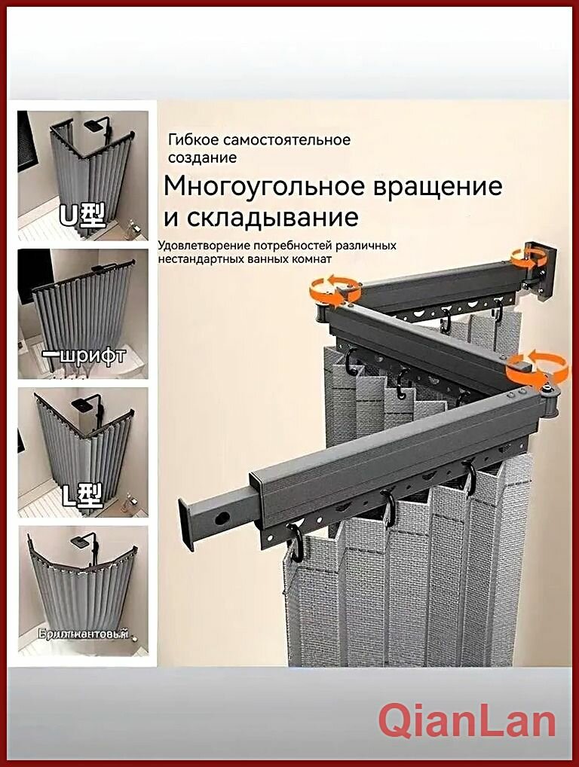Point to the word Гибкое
pos(191,140)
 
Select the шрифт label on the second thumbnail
pos(85,356)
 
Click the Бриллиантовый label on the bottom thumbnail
pos(82,634)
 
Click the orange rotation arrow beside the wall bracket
pos(525,256)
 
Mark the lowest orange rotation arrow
pos(538,365)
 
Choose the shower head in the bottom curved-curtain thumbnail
pos(81,541)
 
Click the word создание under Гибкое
pos(203,157)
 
